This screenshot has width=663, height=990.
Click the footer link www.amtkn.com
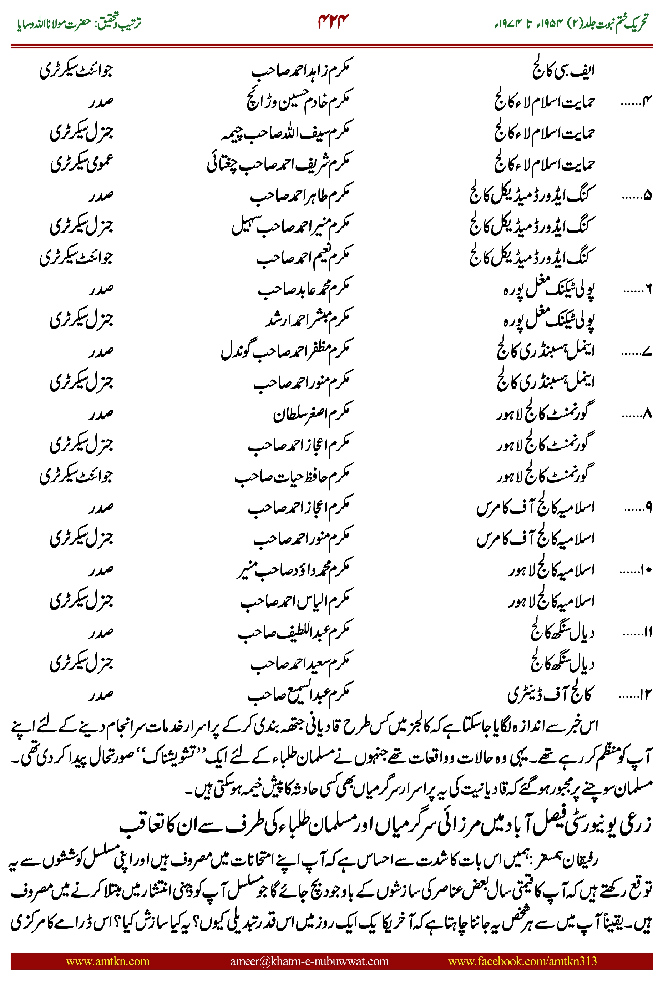click(107, 961)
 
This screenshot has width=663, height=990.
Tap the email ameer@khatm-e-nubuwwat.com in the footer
click(309, 961)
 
